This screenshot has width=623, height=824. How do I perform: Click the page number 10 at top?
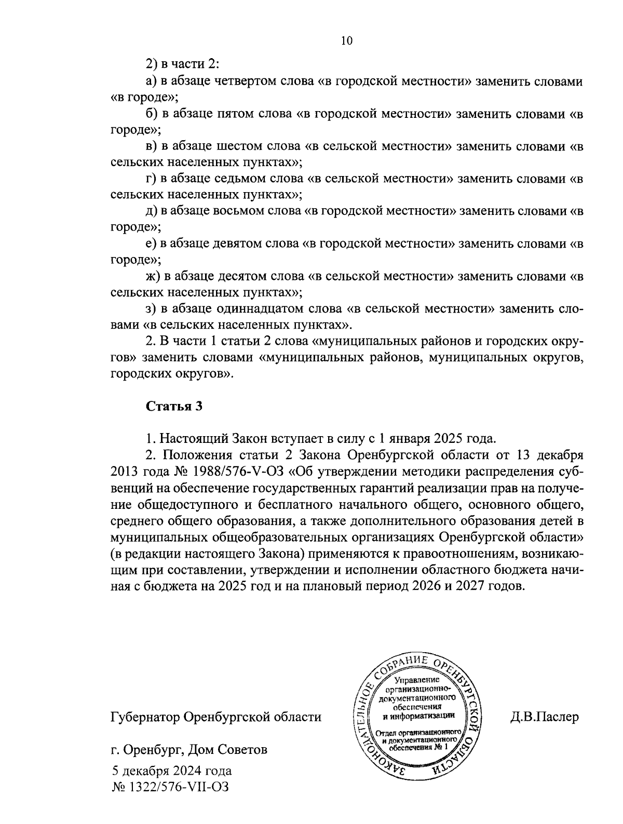pos(347,41)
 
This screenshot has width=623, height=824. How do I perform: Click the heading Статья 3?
pos(173,406)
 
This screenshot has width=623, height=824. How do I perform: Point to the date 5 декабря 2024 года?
pos(171,771)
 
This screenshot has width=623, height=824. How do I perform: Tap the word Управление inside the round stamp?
pos(416,680)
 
